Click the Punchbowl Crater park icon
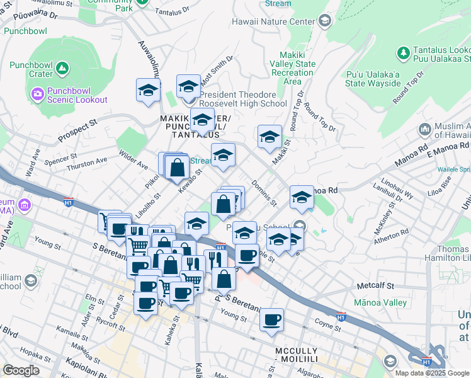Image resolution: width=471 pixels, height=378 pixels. click(x=62, y=67)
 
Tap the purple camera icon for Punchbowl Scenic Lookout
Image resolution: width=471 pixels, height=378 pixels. click(x=37, y=94)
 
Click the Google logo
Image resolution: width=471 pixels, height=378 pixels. click(x=21, y=370)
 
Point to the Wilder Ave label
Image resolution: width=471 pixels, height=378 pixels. click(x=133, y=157)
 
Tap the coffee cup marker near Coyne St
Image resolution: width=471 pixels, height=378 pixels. click(x=272, y=320)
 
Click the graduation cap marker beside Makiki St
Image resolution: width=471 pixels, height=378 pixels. click(x=270, y=137)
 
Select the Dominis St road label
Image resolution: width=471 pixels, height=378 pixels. click(x=264, y=193)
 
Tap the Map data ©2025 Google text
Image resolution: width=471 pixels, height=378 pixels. click(x=431, y=373)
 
